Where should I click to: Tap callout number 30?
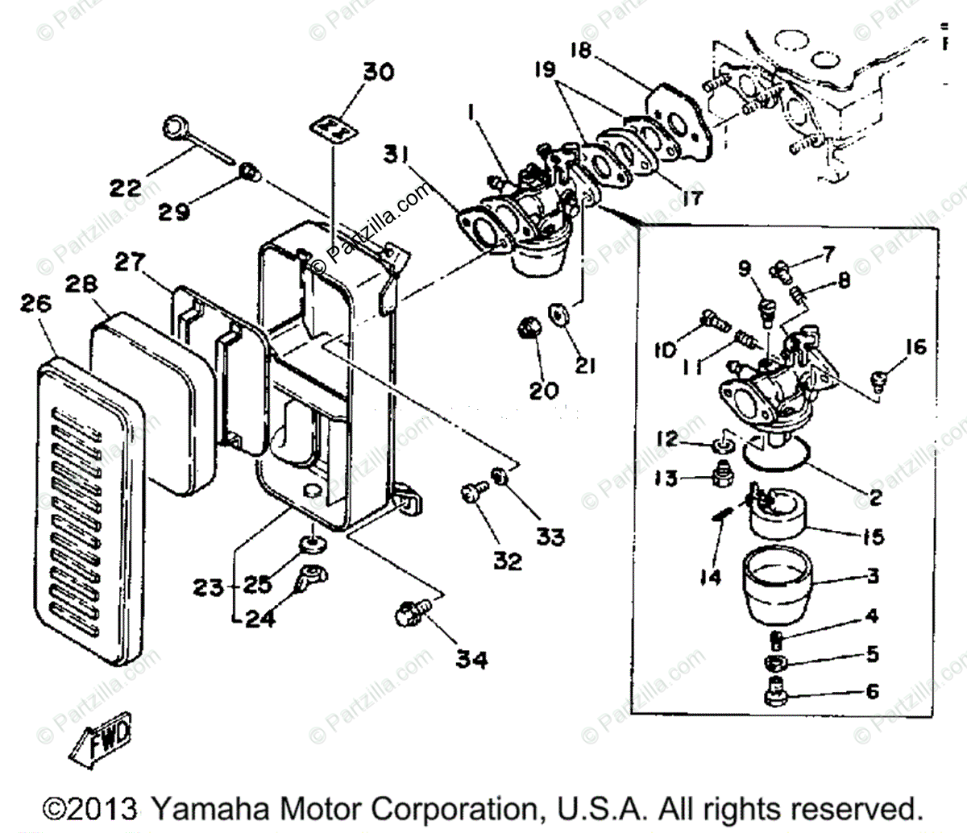(378, 73)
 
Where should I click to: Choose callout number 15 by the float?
(867, 537)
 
